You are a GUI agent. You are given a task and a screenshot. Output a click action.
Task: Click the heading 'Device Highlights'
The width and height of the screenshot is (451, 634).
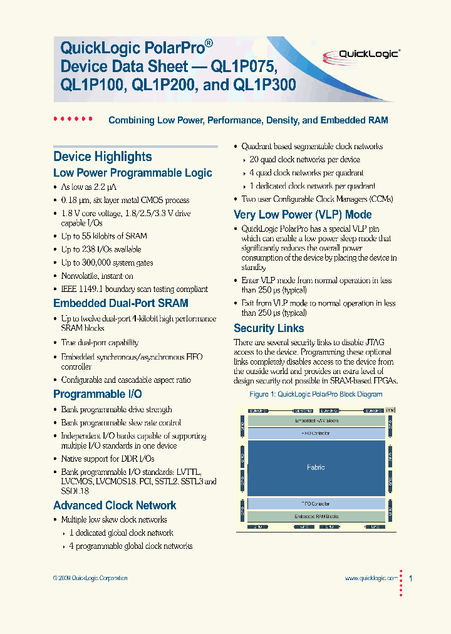click(x=102, y=157)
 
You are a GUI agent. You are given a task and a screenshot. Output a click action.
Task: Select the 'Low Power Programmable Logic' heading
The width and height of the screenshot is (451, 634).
click(x=132, y=173)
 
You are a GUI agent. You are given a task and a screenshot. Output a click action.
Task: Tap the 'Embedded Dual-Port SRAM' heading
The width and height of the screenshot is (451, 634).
click(x=120, y=303)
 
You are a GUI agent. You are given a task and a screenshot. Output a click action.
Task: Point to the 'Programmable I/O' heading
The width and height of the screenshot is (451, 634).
click(x=97, y=394)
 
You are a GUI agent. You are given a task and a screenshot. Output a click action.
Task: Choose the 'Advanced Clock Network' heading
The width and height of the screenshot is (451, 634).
click(x=115, y=506)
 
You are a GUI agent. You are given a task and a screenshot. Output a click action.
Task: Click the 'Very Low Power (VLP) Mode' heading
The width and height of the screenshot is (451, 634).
click(x=303, y=214)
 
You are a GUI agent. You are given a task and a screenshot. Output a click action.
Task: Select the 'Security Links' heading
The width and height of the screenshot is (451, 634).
click(x=269, y=328)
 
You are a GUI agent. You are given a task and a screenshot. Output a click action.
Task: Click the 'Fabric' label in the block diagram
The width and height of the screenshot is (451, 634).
click(x=316, y=467)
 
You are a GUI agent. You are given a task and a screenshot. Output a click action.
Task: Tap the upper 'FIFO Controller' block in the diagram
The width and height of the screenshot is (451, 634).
click(x=316, y=433)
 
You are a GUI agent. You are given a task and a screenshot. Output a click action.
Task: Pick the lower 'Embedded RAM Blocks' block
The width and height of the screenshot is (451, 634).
click(x=316, y=516)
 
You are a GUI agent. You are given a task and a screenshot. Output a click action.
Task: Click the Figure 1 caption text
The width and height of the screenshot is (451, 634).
click(x=316, y=395)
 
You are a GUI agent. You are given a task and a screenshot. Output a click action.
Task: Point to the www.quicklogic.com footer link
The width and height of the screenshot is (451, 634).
click(x=371, y=578)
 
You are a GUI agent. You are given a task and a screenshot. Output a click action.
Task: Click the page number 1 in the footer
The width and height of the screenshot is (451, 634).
click(x=410, y=578)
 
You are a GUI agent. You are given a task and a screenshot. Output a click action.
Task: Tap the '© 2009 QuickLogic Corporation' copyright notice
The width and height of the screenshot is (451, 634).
click(x=90, y=578)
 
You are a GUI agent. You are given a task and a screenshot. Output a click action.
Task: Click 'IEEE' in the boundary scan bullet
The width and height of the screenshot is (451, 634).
click(x=70, y=289)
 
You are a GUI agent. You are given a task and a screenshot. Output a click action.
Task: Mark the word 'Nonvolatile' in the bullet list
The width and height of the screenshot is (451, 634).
click(x=80, y=276)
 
